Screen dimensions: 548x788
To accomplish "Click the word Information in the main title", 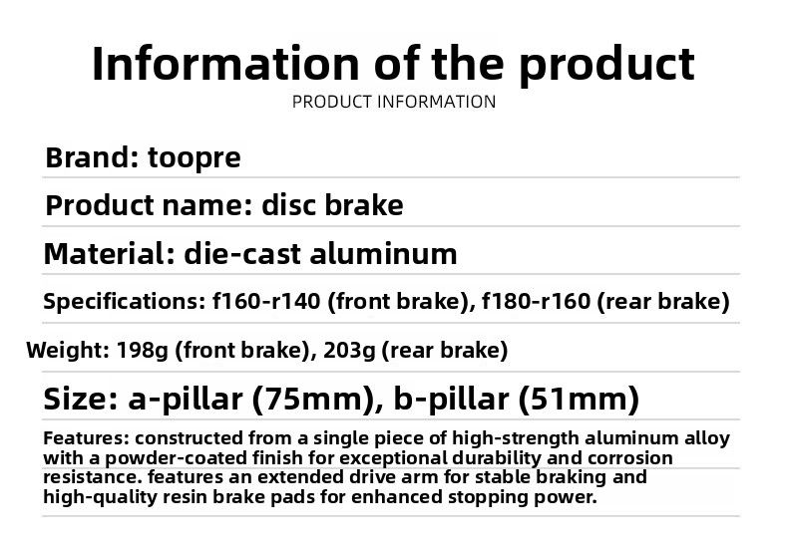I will [224, 63].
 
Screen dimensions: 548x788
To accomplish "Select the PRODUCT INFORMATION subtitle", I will [394, 102].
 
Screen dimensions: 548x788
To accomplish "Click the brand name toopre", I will [195, 158].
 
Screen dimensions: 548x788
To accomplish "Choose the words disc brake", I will [332, 206].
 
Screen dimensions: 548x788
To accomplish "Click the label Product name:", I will [150, 206].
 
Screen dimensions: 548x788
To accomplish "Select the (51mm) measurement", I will [578, 400].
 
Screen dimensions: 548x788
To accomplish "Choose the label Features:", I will [85, 438].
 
